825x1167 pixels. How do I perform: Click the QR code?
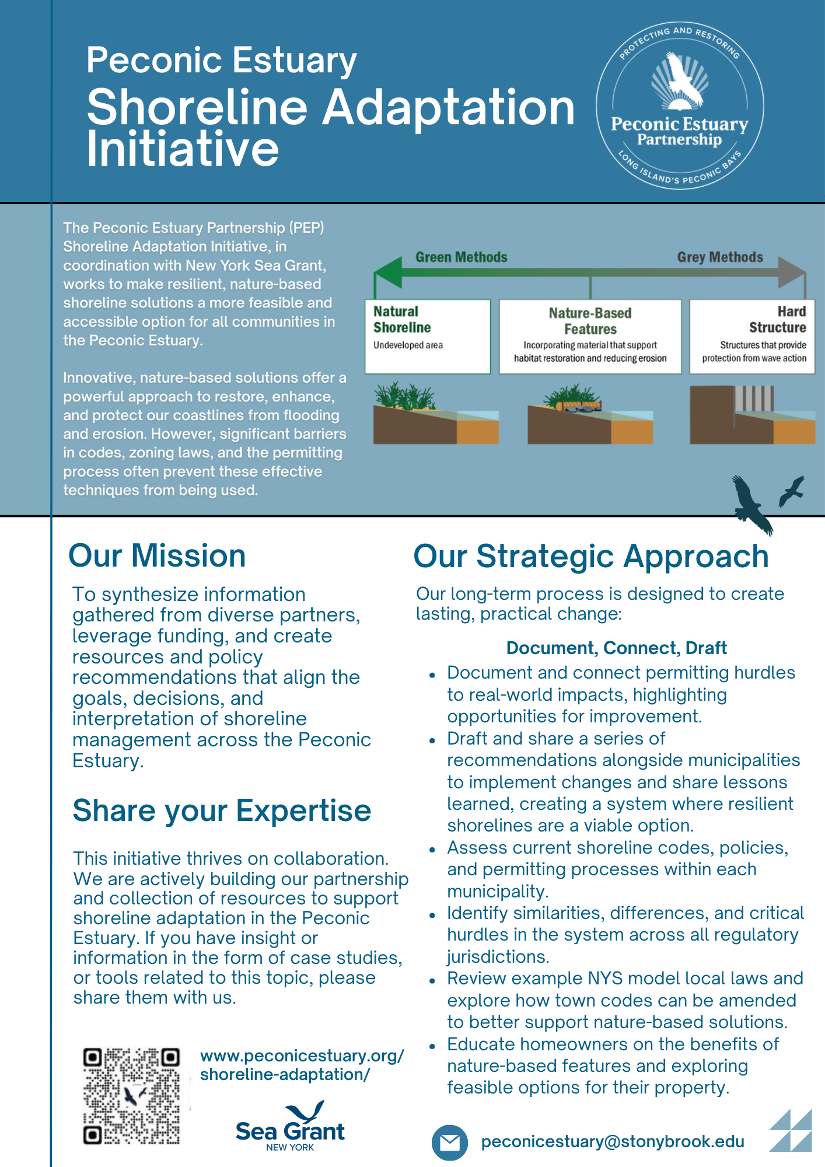click(131, 1096)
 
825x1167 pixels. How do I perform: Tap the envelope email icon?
click(449, 1142)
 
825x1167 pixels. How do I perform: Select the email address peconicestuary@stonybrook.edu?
click(613, 1142)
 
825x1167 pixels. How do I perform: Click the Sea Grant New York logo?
click(290, 1126)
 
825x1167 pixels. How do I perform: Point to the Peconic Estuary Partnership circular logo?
click(680, 106)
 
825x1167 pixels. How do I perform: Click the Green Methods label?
click(461, 257)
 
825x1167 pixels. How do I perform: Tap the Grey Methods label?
click(720, 257)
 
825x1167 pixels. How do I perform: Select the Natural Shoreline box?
click(428, 337)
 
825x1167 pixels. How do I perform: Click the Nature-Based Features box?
click(590, 337)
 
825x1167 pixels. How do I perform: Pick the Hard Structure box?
click(752, 337)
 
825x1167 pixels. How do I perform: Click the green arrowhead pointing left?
click(388, 272)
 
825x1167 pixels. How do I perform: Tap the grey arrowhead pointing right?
click(792, 272)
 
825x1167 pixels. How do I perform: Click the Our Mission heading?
click(157, 555)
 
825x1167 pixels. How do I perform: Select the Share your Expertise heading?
click(222, 811)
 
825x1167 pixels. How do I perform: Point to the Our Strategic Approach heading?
click(591, 556)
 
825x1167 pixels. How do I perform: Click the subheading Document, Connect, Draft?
click(616, 648)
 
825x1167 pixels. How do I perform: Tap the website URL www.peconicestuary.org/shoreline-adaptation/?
click(302, 1065)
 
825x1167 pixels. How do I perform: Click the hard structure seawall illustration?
click(752, 415)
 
